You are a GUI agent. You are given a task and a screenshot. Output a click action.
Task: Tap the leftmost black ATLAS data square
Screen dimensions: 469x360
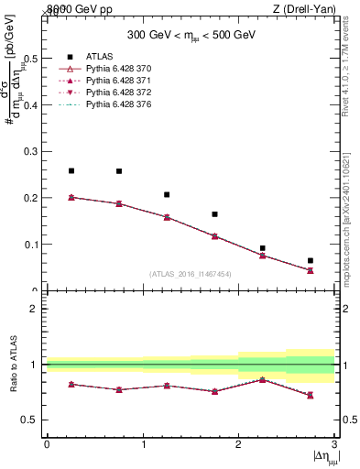71,171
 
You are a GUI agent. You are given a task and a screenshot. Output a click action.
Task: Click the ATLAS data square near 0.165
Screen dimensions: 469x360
214,214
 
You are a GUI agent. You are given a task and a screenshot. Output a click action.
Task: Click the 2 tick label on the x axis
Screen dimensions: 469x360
238,444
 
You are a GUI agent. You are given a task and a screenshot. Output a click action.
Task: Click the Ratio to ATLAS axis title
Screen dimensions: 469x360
12,365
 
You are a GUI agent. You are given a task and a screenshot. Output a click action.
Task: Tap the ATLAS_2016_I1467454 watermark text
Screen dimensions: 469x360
191,273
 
